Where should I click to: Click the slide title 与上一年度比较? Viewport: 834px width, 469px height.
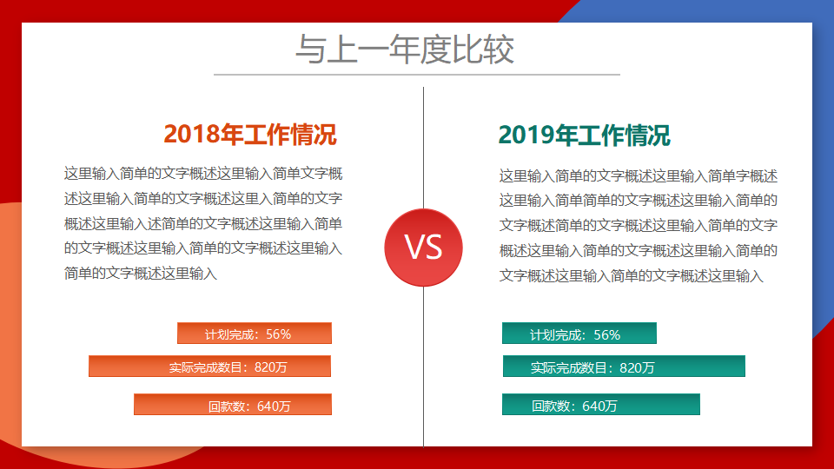(405, 50)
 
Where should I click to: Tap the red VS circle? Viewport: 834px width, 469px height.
(423, 248)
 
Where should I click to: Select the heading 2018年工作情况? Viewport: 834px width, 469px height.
(250, 134)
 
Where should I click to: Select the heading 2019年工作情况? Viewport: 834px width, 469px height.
(584, 135)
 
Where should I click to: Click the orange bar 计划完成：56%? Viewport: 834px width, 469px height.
(255, 333)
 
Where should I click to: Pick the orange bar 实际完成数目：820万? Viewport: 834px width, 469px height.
(209, 366)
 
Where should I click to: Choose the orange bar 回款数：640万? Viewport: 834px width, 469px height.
(233, 404)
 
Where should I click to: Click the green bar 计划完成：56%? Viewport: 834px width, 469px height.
(579, 333)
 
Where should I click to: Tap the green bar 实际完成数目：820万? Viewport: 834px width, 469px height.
(624, 366)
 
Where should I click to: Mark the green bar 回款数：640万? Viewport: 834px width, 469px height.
(601, 404)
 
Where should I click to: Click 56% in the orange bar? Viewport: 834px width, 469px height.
(278, 334)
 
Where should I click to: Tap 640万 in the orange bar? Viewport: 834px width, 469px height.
(274, 406)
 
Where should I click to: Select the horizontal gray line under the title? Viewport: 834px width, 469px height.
(417, 75)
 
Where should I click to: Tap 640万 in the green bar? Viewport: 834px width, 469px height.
(599, 406)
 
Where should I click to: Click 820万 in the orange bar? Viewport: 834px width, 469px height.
(271, 367)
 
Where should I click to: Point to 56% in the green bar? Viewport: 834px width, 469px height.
(607, 335)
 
